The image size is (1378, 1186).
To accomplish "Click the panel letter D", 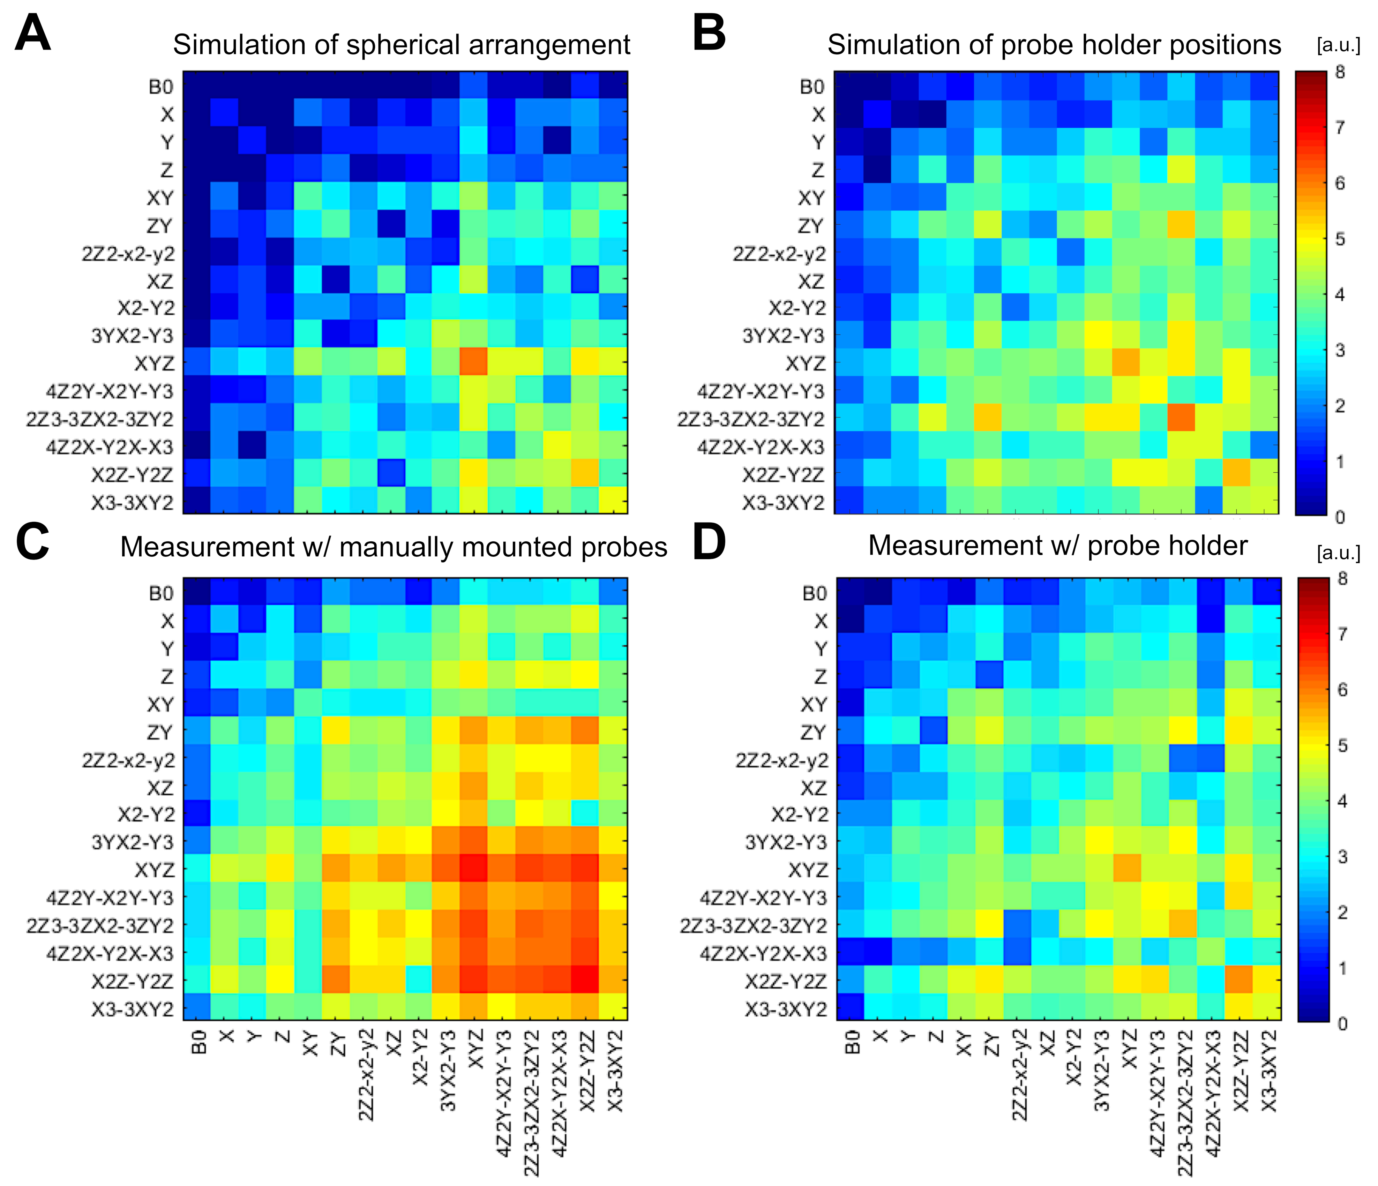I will click(709, 542).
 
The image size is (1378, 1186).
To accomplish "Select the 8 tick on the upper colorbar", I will click(1340, 72).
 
